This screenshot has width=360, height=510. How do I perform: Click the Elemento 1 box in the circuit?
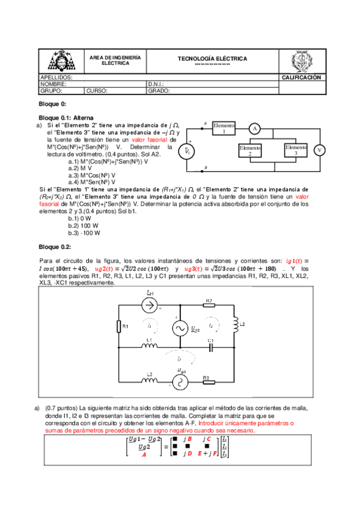[x=223, y=128]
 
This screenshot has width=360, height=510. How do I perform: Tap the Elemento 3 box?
[x=296, y=150]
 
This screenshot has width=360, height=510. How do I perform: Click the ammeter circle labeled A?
[x=254, y=129]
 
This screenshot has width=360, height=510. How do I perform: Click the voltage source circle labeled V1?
[x=188, y=151]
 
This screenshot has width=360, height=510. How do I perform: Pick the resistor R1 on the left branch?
[x=119, y=326]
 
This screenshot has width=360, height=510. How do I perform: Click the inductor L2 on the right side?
[x=236, y=325]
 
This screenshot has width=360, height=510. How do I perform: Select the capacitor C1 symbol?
[x=210, y=347]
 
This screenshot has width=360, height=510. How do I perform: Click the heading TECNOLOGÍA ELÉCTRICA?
[x=212, y=58]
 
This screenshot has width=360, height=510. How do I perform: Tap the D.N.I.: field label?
[x=156, y=84]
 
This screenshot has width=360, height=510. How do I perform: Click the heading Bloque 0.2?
[x=55, y=247]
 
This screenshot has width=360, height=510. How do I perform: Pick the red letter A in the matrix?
[x=144, y=455]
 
